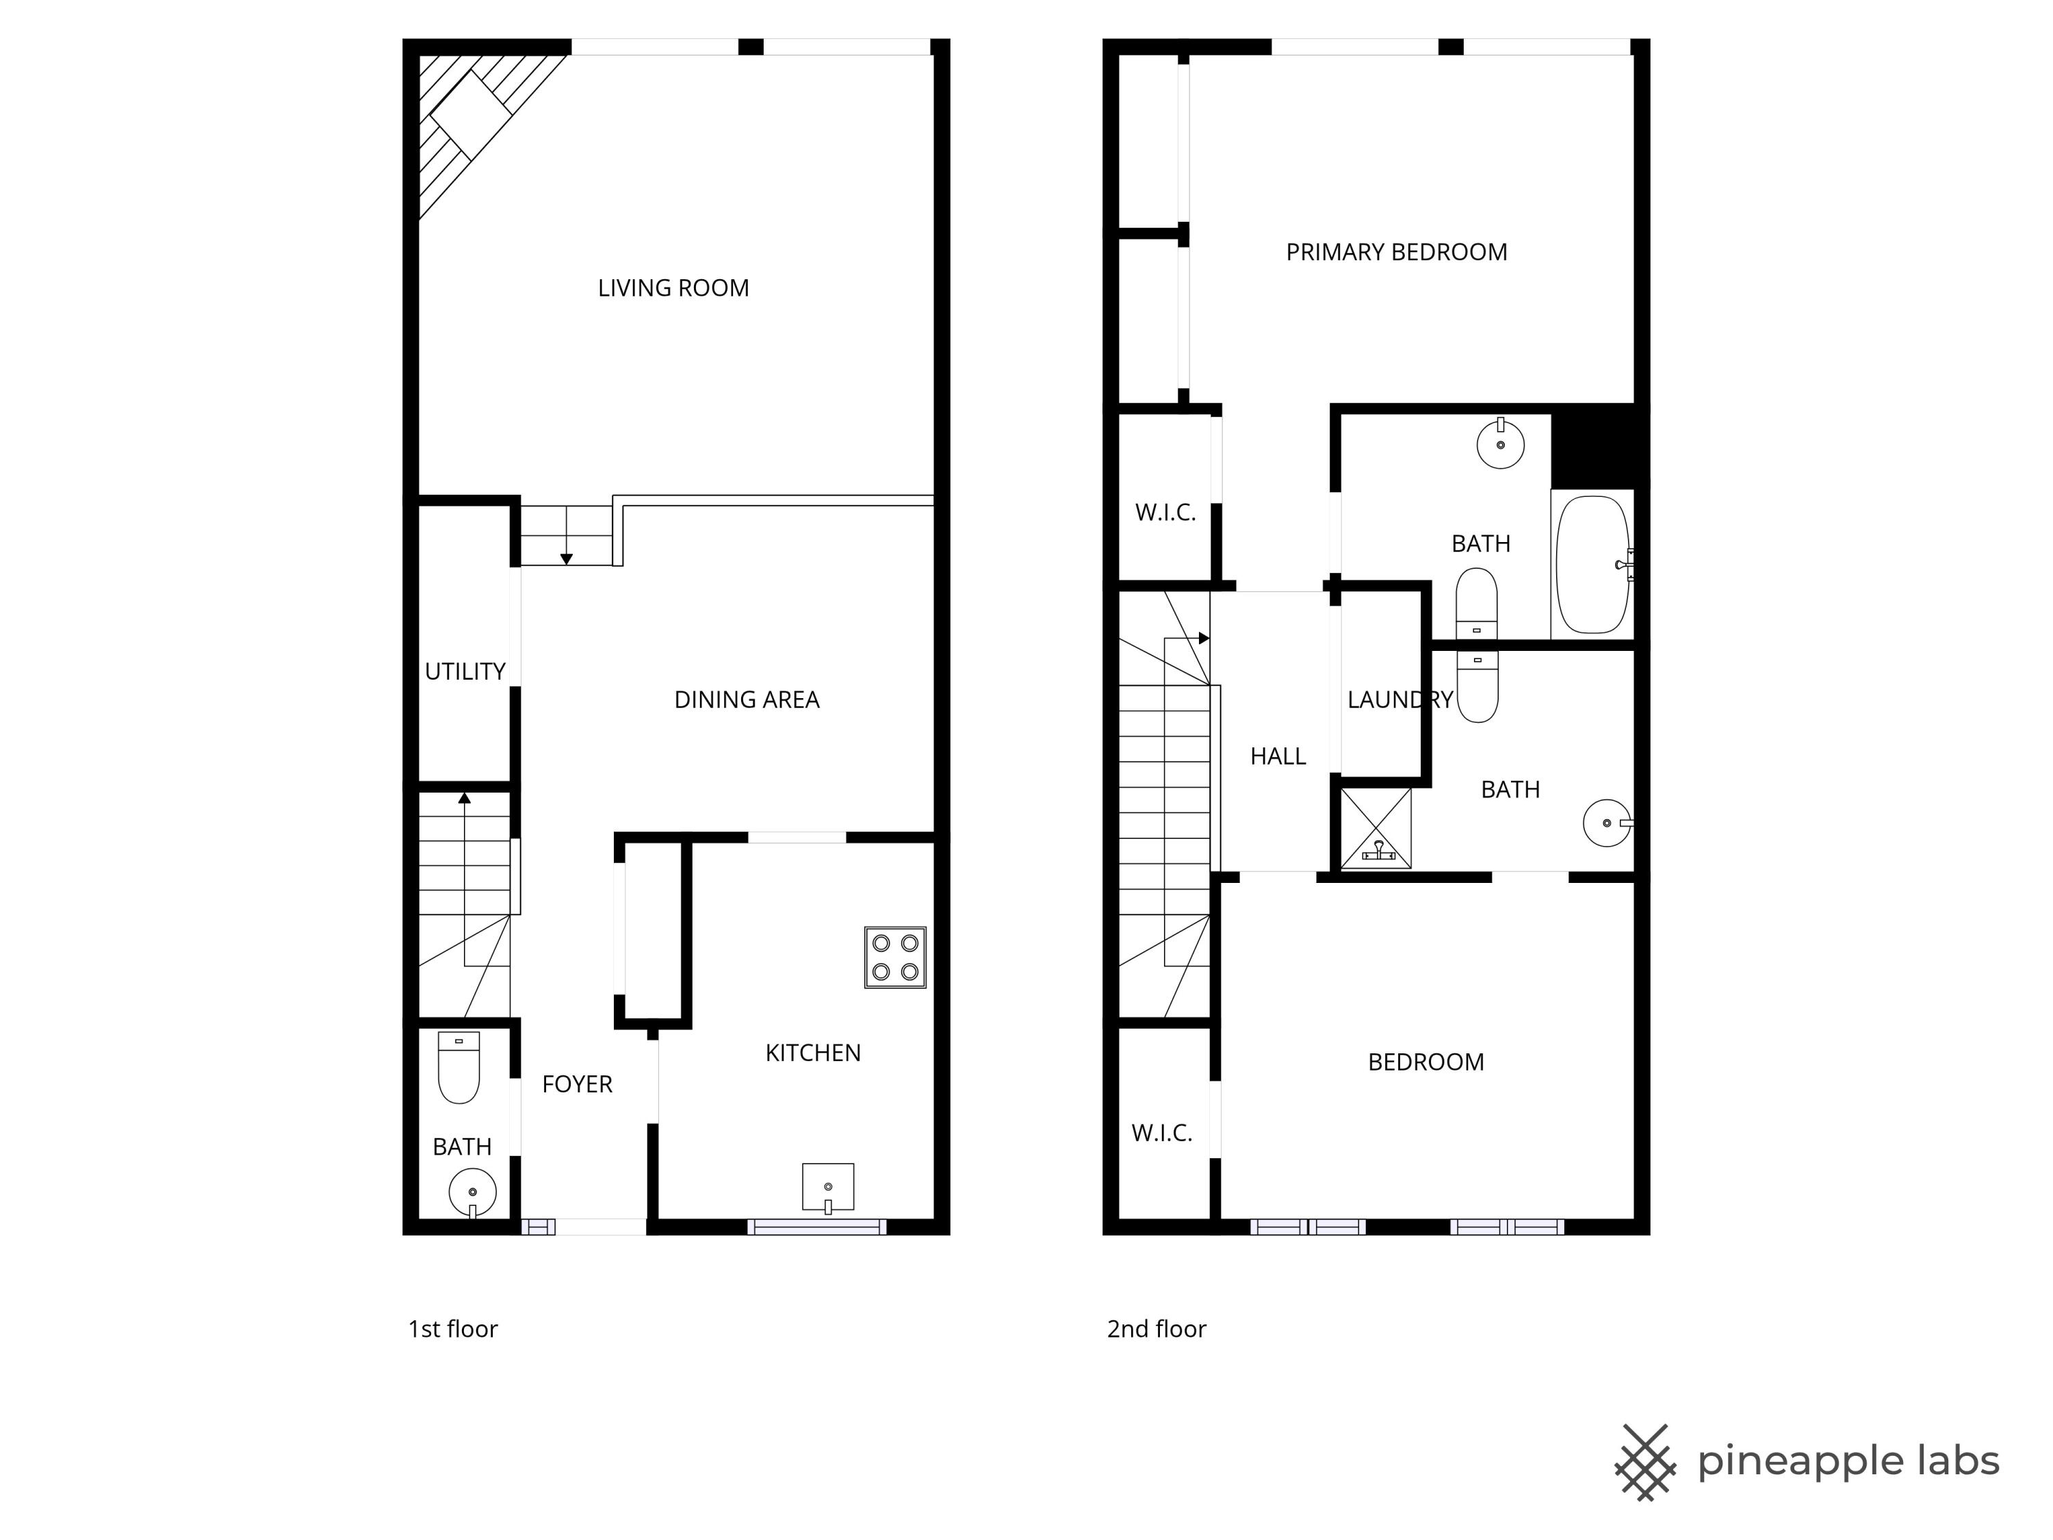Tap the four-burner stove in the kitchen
point(894,957)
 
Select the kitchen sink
point(828,1188)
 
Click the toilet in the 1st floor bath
point(459,1068)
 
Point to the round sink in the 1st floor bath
point(472,1192)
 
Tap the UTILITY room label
point(465,671)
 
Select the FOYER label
point(578,1084)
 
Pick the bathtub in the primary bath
point(1592,565)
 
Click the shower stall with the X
point(1376,828)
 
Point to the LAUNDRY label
point(1399,700)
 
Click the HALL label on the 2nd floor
point(1278,756)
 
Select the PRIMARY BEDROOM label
point(1396,253)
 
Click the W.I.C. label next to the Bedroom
point(1162,1133)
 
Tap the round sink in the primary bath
point(1500,445)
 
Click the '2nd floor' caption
point(1157,1329)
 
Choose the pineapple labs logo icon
point(1644,1462)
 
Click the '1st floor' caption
point(453,1329)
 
